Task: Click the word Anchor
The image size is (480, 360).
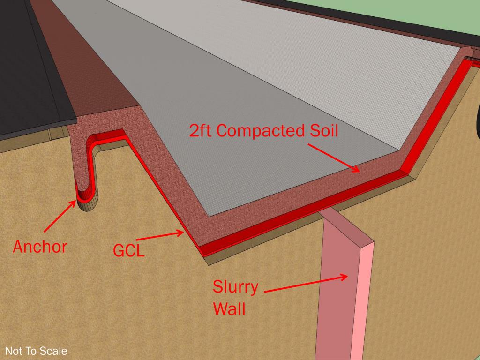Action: click(39, 247)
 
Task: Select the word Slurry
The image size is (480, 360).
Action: click(235, 286)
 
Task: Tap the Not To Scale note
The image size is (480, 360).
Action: click(36, 351)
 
